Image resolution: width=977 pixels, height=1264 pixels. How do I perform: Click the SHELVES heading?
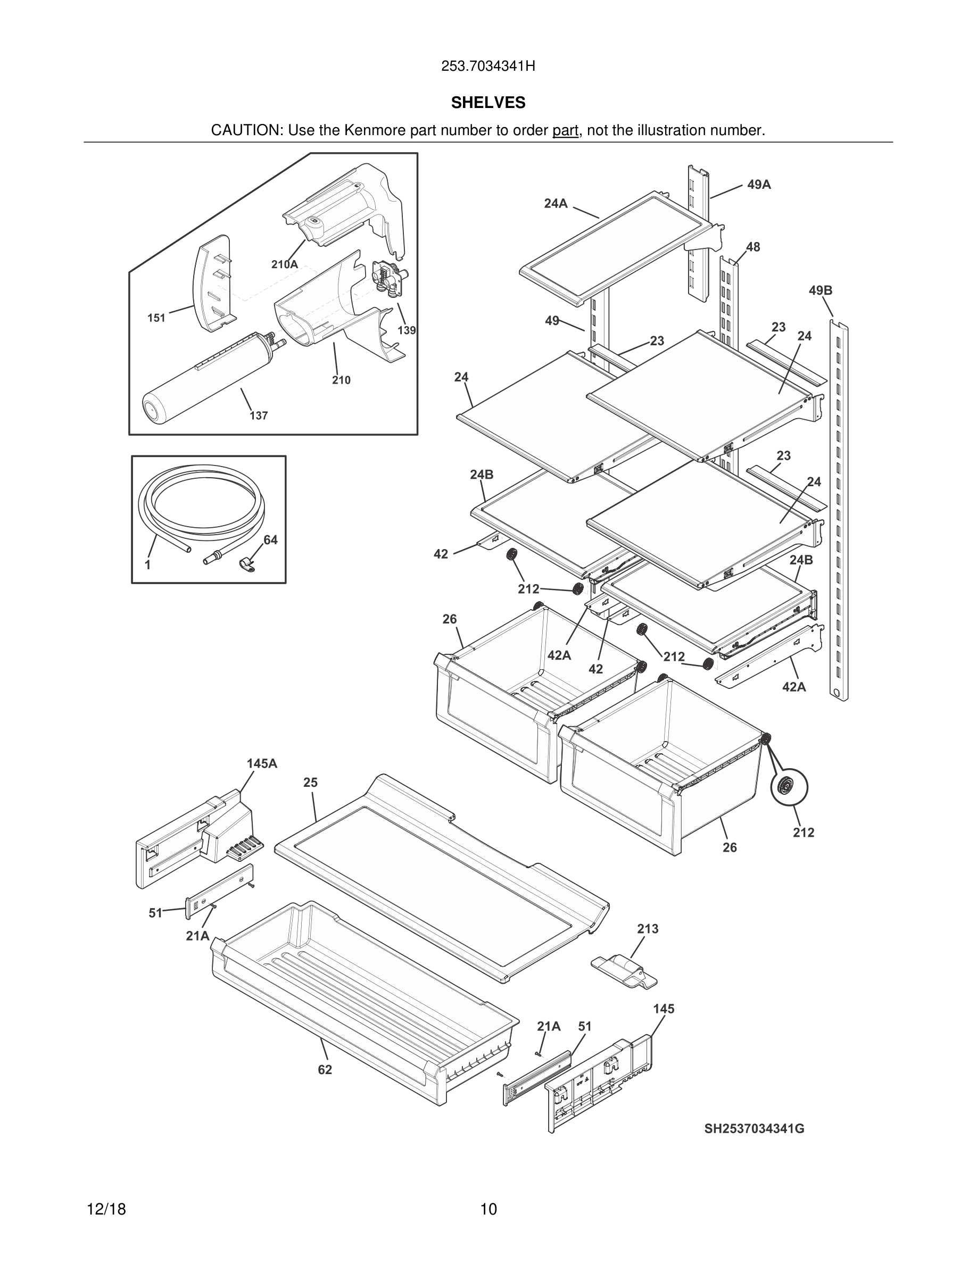[x=488, y=103]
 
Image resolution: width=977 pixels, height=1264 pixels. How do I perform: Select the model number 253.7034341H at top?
[x=488, y=66]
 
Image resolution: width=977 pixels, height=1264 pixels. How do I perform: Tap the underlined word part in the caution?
[x=565, y=131]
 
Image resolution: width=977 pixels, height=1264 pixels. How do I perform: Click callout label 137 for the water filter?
[x=259, y=415]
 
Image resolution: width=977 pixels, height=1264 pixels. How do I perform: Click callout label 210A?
[x=285, y=264]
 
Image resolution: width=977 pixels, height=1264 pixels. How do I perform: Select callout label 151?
[x=156, y=318]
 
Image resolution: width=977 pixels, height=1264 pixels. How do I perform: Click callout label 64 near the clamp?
[x=270, y=540]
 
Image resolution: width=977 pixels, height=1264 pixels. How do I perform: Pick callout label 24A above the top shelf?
[x=556, y=203]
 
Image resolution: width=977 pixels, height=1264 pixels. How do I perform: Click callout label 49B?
[x=820, y=290]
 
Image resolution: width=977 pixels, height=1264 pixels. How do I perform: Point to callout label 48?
[x=753, y=247]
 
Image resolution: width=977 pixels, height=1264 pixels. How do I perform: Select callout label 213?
[x=648, y=929]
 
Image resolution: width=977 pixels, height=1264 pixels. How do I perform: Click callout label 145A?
[x=262, y=763]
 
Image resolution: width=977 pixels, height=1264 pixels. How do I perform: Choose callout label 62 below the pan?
[x=325, y=1069]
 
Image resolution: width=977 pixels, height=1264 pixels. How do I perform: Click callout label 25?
[x=310, y=783]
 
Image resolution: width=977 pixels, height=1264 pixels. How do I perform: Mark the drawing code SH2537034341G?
[x=754, y=1128]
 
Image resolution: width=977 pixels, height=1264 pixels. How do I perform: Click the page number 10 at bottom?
[x=488, y=1209]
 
